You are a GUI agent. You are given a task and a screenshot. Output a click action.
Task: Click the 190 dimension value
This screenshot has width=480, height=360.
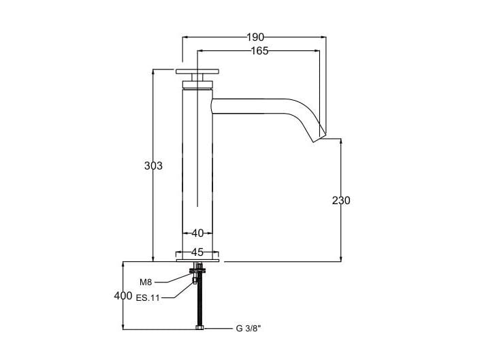[256, 37]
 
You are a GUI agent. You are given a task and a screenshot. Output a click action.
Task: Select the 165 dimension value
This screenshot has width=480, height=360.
[259, 50]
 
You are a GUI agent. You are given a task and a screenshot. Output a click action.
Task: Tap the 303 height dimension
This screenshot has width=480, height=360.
[153, 165]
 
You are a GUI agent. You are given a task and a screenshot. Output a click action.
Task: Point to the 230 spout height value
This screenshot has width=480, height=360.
[341, 200]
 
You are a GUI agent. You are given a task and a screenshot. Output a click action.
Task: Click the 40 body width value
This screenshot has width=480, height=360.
[197, 233]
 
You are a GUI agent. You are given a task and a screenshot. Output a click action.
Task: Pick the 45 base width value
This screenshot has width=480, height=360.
[197, 251]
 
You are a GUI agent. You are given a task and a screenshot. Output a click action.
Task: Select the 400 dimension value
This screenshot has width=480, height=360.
[123, 295]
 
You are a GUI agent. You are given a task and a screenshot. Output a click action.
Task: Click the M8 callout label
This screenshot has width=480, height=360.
[146, 282]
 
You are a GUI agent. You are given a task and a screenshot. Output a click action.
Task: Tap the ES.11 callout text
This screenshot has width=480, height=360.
[148, 297]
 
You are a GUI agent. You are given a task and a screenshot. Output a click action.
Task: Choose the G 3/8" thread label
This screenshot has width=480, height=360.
[249, 329]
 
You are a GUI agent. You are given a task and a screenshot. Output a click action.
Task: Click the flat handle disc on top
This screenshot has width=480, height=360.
[197, 71]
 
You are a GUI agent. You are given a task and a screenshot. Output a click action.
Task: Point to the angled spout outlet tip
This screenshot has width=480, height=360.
[317, 135]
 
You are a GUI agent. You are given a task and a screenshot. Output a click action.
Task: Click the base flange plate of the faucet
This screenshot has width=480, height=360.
[198, 259]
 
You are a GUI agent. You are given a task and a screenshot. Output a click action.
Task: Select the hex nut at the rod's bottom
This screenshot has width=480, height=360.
[199, 329]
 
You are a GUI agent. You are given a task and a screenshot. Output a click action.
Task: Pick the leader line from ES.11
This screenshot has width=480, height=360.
[178, 293]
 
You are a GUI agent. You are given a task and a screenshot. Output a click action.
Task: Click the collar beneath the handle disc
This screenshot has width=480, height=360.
[197, 84]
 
